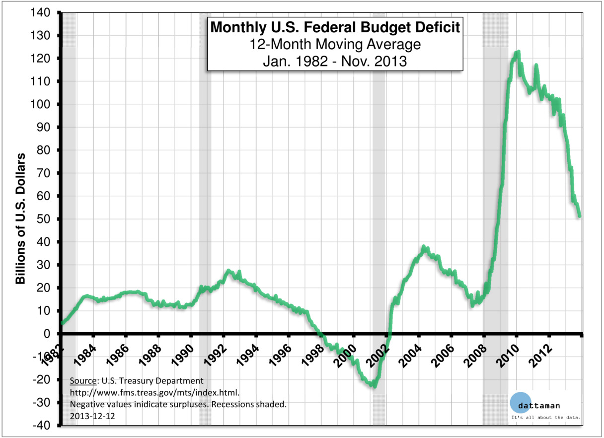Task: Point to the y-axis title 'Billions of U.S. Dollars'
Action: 21,219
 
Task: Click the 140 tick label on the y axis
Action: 46,13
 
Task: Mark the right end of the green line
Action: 579,216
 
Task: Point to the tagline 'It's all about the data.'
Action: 546,417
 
